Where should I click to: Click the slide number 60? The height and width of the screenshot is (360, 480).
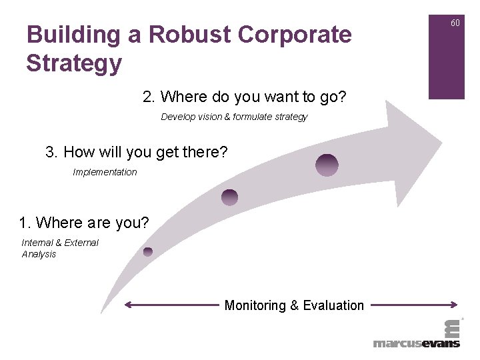click(x=455, y=23)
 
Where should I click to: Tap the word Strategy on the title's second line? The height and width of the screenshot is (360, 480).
click(x=74, y=63)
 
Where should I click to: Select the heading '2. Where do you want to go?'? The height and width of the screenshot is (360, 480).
click(x=244, y=97)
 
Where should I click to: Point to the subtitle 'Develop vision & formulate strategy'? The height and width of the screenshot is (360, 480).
click(x=234, y=117)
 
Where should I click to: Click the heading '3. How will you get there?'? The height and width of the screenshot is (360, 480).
click(x=137, y=152)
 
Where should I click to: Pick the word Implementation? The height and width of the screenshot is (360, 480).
click(x=105, y=172)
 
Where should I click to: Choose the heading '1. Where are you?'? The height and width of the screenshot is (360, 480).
click(x=84, y=223)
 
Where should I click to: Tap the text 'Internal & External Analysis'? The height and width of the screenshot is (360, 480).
click(x=60, y=248)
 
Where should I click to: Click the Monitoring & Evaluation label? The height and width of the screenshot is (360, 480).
click(x=294, y=305)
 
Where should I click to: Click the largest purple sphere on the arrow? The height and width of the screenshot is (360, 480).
click(x=327, y=165)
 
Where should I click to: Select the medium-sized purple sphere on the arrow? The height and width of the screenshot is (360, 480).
click(x=229, y=197)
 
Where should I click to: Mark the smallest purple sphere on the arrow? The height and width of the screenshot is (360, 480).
click(x=148, y=251)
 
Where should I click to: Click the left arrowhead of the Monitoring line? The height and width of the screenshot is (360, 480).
click(x=128, y=305)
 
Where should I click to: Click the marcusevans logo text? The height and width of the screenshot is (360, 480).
click(x=416, y=343)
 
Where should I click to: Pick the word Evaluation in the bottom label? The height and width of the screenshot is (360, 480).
click(x=333, y=305)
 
